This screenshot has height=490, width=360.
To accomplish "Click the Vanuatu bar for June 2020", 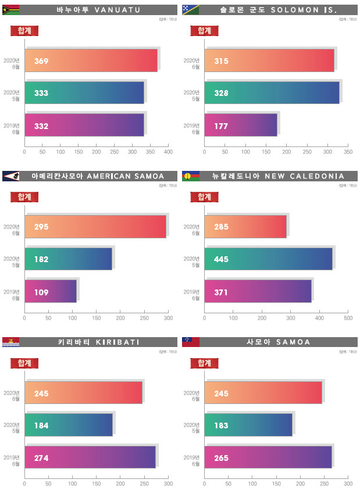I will point(91,60).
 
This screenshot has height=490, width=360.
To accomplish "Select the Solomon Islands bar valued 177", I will point(240,125).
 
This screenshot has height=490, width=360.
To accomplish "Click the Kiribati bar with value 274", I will point(90,457).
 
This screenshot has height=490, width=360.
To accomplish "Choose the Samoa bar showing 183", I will point(248,425).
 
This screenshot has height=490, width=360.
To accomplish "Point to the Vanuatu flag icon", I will point(11,10).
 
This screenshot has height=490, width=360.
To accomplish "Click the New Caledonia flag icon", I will point(191,176).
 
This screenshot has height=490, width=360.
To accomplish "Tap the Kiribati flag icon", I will point(11,342).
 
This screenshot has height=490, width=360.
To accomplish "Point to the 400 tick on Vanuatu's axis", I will point(168,152).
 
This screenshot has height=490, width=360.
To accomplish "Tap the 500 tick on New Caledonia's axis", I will point(348,318).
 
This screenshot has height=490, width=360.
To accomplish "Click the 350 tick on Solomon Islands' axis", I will point(348,152).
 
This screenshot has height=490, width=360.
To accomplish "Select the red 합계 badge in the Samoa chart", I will point(204,363).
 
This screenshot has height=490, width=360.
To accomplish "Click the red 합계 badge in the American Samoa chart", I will point(24,196).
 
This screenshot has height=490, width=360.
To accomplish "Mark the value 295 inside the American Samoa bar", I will point(41,227).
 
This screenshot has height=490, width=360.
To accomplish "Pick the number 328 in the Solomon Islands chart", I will point(221,93).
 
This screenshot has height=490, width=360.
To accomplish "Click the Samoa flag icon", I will point(191,342).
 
